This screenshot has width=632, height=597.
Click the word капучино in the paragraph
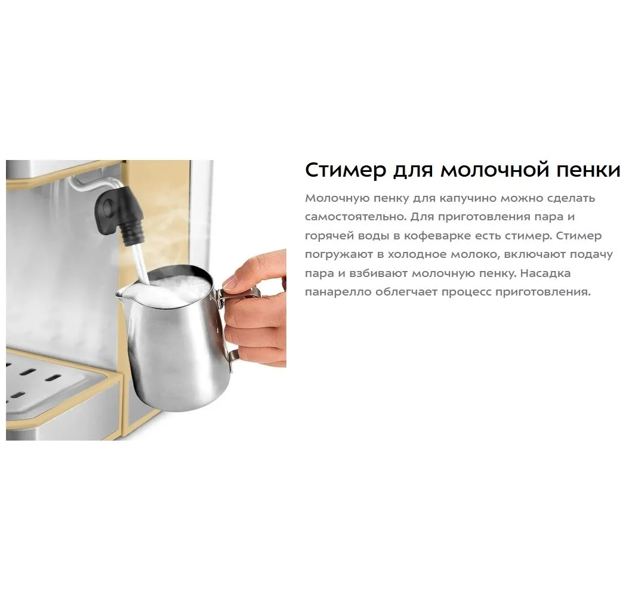click(468, 199)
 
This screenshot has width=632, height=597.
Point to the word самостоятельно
click(355, 217)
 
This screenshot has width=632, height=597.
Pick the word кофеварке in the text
click(436, 236)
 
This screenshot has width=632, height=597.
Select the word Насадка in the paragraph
click(545, 273)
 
